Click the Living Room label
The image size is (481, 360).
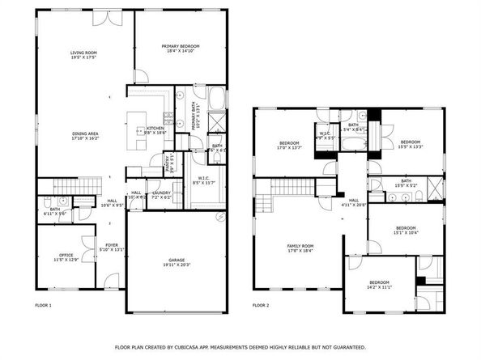pyautogui.click(x=84, y=55)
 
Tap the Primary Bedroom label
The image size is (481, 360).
pyautogui.click(x=180, y=49)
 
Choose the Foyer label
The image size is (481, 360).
pyautogui.click(x=112, y=248)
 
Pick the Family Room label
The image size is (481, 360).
pyautogui.click(x=300, y=248)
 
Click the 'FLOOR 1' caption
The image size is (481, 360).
pyautogui.click(x=43, y=305)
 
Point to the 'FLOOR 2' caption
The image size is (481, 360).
pyautogui.click(x=260, y=305)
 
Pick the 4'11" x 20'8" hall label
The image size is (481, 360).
pyautogui.click(x=353, y=203)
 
